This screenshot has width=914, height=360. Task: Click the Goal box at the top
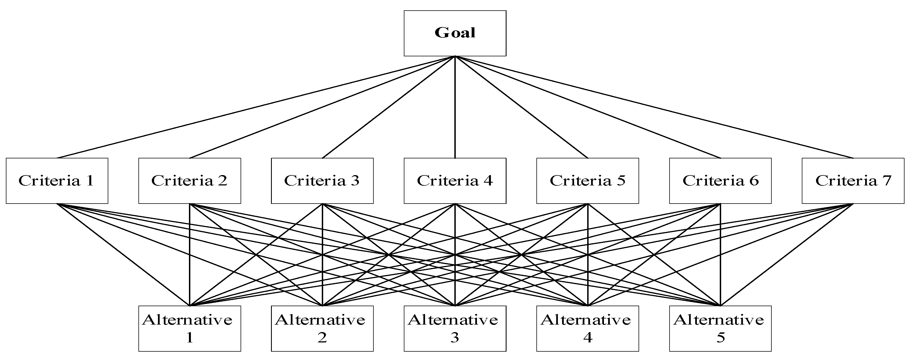point(455,33)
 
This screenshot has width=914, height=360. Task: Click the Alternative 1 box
point(189,328)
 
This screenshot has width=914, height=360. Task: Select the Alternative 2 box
point(322,328)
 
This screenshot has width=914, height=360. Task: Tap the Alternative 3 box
point(455,328)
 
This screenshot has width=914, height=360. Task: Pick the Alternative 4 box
point(587,328)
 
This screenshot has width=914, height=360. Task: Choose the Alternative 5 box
point(720,328)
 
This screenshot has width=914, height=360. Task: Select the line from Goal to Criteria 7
point(654,107)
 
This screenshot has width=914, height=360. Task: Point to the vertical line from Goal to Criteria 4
point(455,107)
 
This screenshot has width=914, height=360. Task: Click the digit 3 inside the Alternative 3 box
point(455,337)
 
